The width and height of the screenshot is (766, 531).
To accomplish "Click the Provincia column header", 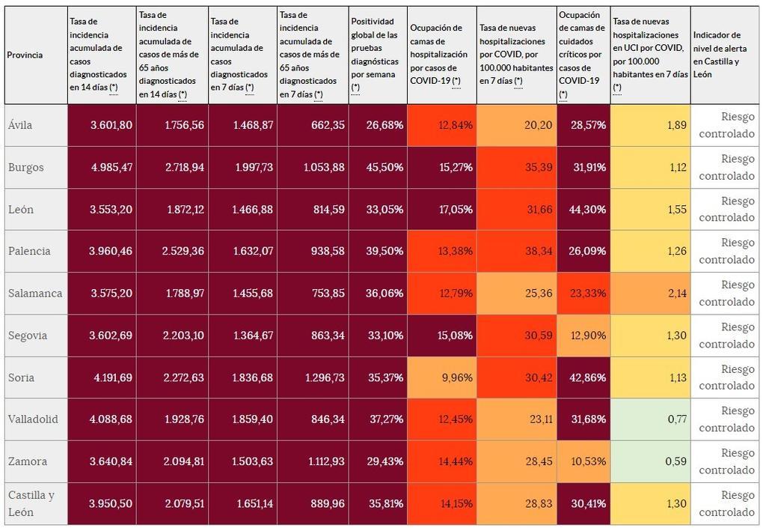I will tap(25, 55).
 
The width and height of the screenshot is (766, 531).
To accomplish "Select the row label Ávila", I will tap(21, 125).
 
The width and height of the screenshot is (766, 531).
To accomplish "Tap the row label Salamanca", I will tap(34, 293).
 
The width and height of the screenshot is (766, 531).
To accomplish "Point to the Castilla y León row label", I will tap(31, 503).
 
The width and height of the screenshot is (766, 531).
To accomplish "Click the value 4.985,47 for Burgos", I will tap(111, 167).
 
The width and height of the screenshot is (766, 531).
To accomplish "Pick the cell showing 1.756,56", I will tap(183, 125).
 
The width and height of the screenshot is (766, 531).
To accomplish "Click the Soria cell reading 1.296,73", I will tap(325, 377).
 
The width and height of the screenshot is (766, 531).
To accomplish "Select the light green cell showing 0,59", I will tap(675, 461).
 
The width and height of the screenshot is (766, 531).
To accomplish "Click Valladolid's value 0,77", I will tap(676, 419).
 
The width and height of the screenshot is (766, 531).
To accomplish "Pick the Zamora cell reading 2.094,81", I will tap(183, 461).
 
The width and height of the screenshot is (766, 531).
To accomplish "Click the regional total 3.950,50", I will tap(111, 503).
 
